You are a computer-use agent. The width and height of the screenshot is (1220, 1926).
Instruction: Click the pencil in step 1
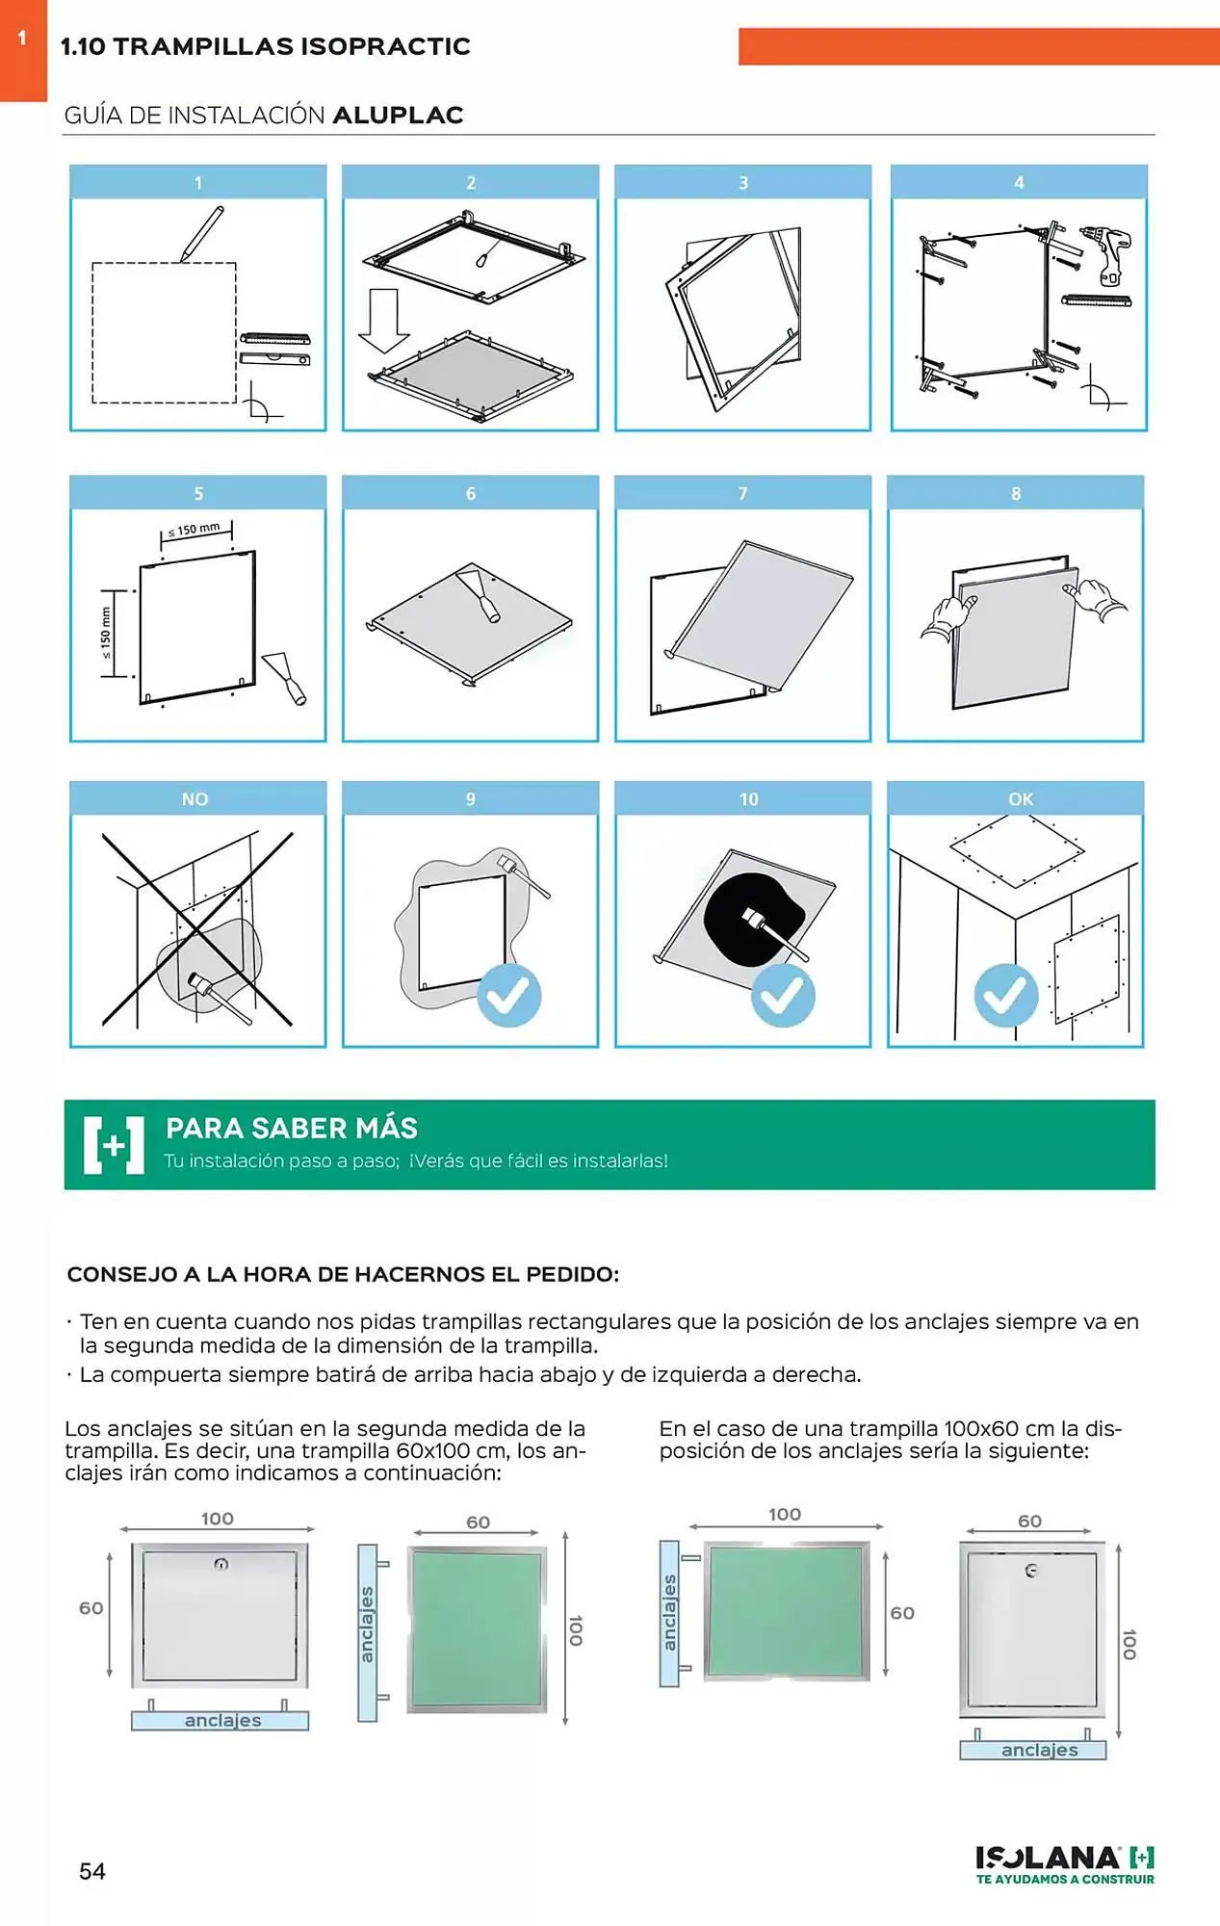pyautogui.click(x=202, y=233)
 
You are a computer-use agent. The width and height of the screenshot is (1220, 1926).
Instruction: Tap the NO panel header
pyautogui.click(x=196, y=799)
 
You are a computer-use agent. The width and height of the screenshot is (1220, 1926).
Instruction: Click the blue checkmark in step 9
pyautogui.click(x=509, y=995)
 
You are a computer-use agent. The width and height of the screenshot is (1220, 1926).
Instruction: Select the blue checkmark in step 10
pyautogui.click(x=782, y=995)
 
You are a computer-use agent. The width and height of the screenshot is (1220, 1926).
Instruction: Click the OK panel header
pyautogui.click(x=1019, y=799)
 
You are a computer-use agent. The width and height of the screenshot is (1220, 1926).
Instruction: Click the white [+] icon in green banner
pyautogui.click(x=114, y=1145)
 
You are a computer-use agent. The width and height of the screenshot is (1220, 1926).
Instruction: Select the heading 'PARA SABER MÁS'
pyautogui.click(x=292, y=1128)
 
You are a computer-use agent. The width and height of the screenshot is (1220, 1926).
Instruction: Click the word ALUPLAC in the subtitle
pyautogui.click(x=398, y=116)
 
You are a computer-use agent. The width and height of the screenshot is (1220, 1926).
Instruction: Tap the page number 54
pyautogui.click(x=92, y=1871)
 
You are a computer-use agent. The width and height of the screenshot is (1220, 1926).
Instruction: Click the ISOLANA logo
pyautogui.click(x=1064, y=1862)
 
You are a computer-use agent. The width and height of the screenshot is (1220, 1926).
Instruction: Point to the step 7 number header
pyautogui.click(x=742, y=493)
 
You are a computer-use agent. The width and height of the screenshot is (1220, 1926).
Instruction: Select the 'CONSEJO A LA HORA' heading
pyautogui.click(x=343, y=1274)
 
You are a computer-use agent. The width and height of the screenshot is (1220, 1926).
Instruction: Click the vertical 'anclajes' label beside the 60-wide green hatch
pyautogui.click(x=367, y=1625)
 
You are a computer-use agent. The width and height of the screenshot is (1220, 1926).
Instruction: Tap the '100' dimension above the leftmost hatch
pyautogui.click(x=218, y=1519)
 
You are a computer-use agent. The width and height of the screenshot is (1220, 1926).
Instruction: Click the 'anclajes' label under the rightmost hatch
pyautogui.click(x=1039, y=1750)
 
